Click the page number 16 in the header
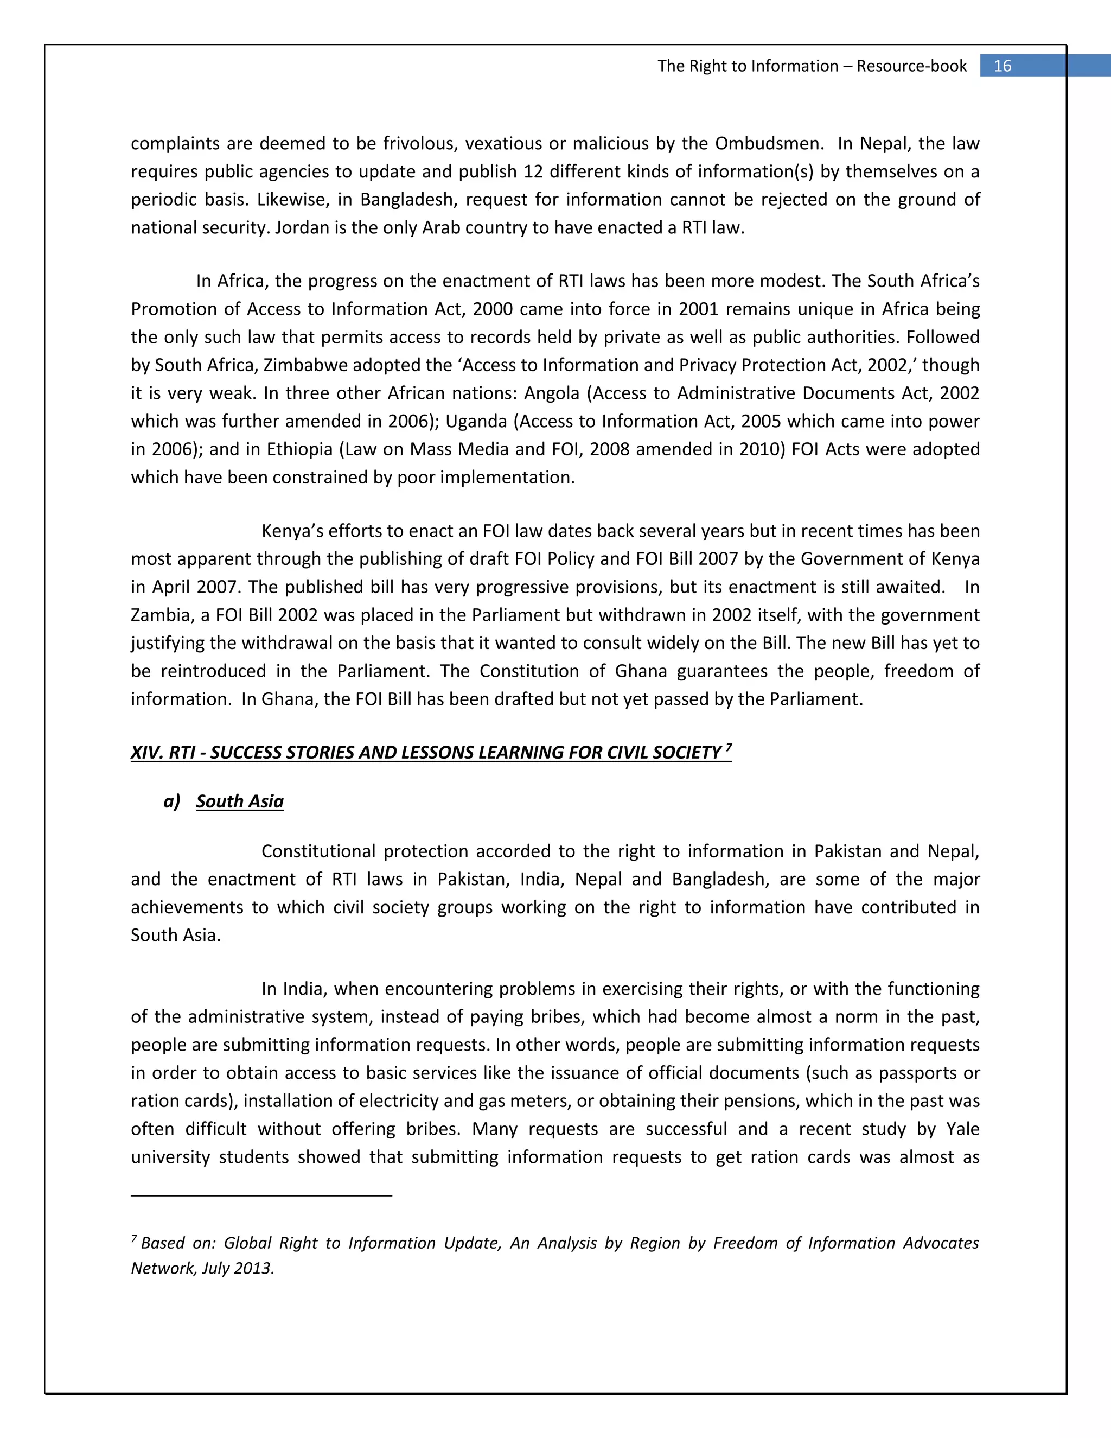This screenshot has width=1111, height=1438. [1002, 66]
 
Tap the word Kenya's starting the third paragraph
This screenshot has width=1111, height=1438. [291, 531]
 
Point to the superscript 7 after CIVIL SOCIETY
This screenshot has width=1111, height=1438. [728, 748]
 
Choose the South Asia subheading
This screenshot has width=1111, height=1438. [240, 802]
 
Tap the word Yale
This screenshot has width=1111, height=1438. [962, 1129]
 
